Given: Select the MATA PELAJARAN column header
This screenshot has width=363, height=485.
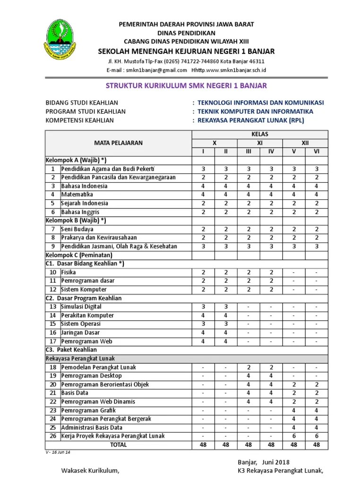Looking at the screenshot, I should point(118,143).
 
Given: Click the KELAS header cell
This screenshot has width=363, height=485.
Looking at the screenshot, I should point(260,134).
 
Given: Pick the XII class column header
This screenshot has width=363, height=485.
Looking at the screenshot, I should point(305,143).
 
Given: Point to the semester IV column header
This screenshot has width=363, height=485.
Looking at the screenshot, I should point(271,151).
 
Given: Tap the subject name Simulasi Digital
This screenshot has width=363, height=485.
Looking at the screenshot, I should point(81,306).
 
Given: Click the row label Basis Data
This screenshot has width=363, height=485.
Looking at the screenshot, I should point(75,393).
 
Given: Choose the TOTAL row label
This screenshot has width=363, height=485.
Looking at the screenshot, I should point(118,445).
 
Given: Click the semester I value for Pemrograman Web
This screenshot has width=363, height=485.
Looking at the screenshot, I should point(203,341).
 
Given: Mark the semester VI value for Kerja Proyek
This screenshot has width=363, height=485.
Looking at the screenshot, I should point(316,436).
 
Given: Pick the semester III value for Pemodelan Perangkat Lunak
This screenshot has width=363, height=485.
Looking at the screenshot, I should point(248,367).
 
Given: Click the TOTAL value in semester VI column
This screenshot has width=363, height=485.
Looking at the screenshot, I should point(316,445).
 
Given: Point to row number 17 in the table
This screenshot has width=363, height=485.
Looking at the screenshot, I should point(52,341).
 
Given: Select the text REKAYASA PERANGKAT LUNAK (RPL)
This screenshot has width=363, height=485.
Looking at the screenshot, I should point(251,120).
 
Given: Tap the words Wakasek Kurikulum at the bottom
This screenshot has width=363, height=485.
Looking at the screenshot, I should point(90,470).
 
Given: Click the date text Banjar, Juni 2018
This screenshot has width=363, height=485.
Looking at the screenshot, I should point(263,462).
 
